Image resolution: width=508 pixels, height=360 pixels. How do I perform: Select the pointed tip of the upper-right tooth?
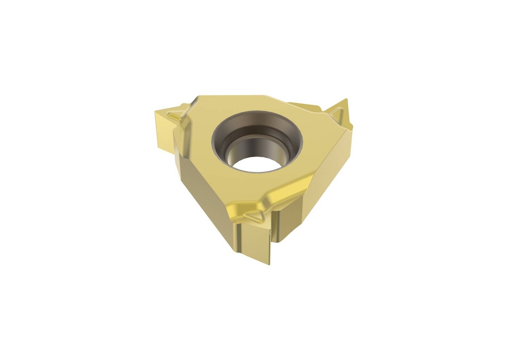(345, 101)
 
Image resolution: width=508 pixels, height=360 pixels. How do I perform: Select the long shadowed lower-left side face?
(203, 198)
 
